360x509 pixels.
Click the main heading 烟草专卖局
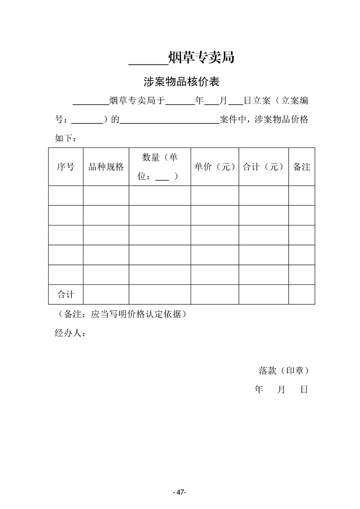click(x=201, y=58)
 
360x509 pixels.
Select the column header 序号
click(x=65, y=166)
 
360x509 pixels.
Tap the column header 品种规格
click(x=106, y=166)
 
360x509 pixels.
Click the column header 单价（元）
click(x=215, y=166)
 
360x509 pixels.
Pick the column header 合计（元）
click(x=263, y=166)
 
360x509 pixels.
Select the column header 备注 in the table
click(x=302, y=166)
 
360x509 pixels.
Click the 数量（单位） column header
click(x=159, y=166)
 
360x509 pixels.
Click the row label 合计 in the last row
click(x=65, y=294)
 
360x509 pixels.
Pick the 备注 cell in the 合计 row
click(x=302, y=294)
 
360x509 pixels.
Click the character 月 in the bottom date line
click(x=281, y=389)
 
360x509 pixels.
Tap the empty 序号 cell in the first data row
click(x=65, y=196)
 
